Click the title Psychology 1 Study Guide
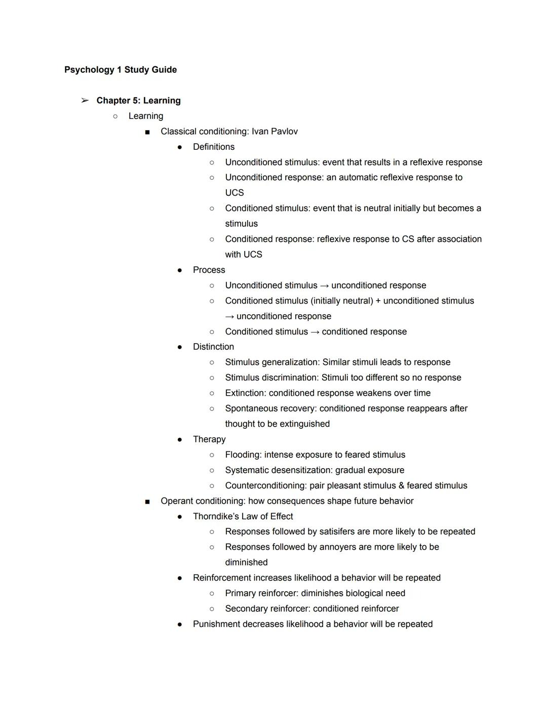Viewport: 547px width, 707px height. pyautogui.click(x=121, y=70)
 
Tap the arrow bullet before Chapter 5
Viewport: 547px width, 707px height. pyautogui.click(x=85, y=101)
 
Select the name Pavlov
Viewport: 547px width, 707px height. pyautogui.click(x=285, y=132)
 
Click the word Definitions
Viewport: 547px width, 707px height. pyautogui.click(x=214, y=147)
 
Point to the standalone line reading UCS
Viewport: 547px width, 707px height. pyautogui.click(x=235, y=193)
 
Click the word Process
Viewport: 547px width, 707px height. pyautogui.click(x=209, y=270)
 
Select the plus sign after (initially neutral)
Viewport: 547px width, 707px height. pyautogui.click(x=378, y=301)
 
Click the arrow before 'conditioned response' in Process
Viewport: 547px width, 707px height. pyautogui.click(x=315, y=332)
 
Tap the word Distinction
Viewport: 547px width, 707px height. pyautogui.click(x=213, y=347)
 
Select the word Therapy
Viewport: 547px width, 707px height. pyautogui.click(x=209, y=439)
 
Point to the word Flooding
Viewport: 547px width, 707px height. pyautogui.click(x=243, y=455)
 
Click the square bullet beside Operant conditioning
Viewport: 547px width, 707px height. pyautogui.click(x=147, y=502)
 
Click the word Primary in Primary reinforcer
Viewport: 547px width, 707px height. pyautogui.click(x=241, y=594)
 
